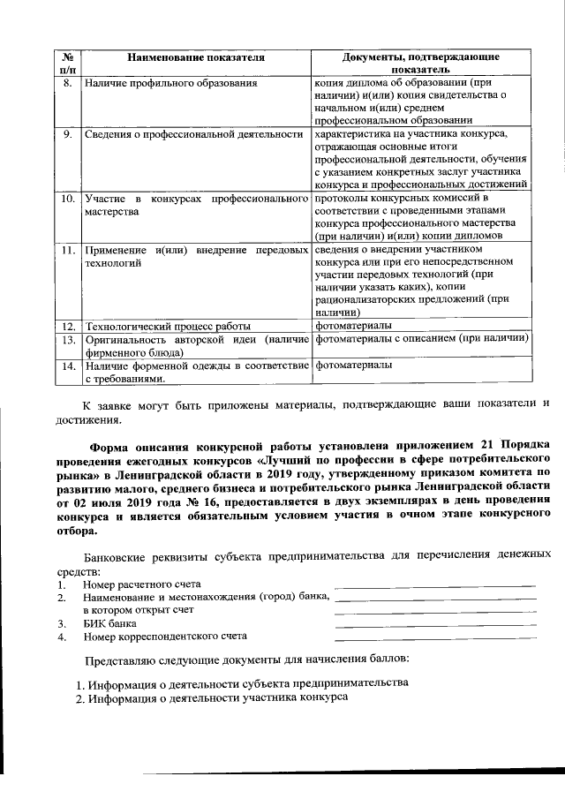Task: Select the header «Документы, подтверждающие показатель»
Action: click(x=420, y=63)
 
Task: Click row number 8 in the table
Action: click(x=66, y=83)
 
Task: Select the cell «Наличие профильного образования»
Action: click(x=170, y=83)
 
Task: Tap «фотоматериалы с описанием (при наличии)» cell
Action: click(x=421, y=339)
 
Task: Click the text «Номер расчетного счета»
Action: click(x=142, y=584)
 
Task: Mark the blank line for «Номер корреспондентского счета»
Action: click(x=436, y=638)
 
